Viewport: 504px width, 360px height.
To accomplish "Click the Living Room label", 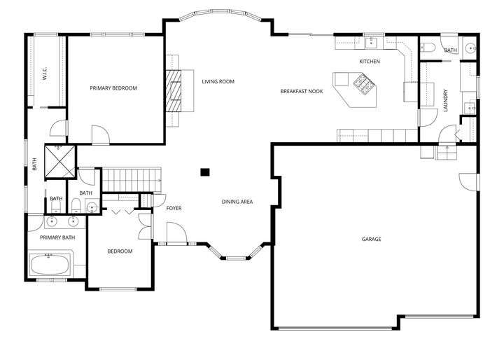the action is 218,82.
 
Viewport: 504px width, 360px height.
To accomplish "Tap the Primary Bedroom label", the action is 113,88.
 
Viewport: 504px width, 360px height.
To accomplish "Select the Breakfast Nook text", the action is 302,91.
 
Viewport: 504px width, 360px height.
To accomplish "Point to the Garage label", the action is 371,239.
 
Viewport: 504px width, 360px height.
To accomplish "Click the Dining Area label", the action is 237,202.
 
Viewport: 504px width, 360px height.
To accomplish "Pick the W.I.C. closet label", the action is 45,73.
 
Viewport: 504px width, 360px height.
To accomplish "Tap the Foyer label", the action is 174,209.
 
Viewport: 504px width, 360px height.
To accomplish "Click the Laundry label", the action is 445,100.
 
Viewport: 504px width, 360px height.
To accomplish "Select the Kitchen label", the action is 370,62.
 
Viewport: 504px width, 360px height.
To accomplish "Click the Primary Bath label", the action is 57,237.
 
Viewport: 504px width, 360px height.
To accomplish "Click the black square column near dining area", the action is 204,172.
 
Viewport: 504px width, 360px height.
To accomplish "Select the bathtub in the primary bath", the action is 50,265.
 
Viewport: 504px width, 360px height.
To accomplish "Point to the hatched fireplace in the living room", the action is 174,91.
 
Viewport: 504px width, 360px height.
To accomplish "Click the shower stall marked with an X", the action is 59,161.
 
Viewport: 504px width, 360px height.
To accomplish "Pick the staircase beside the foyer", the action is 132,180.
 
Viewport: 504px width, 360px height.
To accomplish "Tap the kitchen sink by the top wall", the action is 372,43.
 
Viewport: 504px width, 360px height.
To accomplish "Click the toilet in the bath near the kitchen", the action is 428,48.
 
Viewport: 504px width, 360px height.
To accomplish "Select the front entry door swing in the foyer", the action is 176,233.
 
